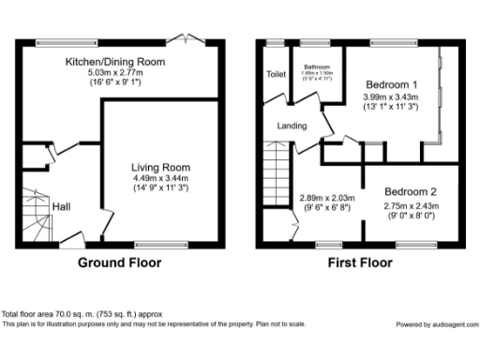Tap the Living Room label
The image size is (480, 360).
pos(160,168)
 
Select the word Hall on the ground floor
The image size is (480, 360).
pos(61,206)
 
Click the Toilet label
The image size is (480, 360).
pos(276,74)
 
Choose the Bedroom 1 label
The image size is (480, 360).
pos(390,85)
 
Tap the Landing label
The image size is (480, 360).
pos(292,125)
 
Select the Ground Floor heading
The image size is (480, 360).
pos(119,263)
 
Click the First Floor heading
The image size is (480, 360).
pos(359,263)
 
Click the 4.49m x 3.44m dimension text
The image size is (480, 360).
pos(160,178)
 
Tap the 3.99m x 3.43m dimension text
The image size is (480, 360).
pos(390,97)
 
